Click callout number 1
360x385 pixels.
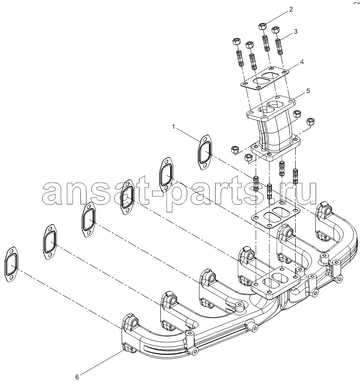tap(174, 127)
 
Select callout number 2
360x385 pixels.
tap(291, 10)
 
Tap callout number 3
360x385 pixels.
tap(296, 31)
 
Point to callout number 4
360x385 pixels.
tap(302, 62)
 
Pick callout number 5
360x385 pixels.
tap(308, 91)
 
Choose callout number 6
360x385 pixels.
tap(77, 377)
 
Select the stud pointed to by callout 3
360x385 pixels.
tap(279, 47)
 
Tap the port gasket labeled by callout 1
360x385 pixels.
tap(204, 152)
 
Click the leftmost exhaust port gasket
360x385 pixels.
tap(11, 265)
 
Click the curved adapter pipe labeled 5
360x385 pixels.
tap(274, 129)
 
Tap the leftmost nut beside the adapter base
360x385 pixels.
tap(235, 150)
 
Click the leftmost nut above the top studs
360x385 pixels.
tap(236, 41)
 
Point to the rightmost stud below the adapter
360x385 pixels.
tap(296, 176)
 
